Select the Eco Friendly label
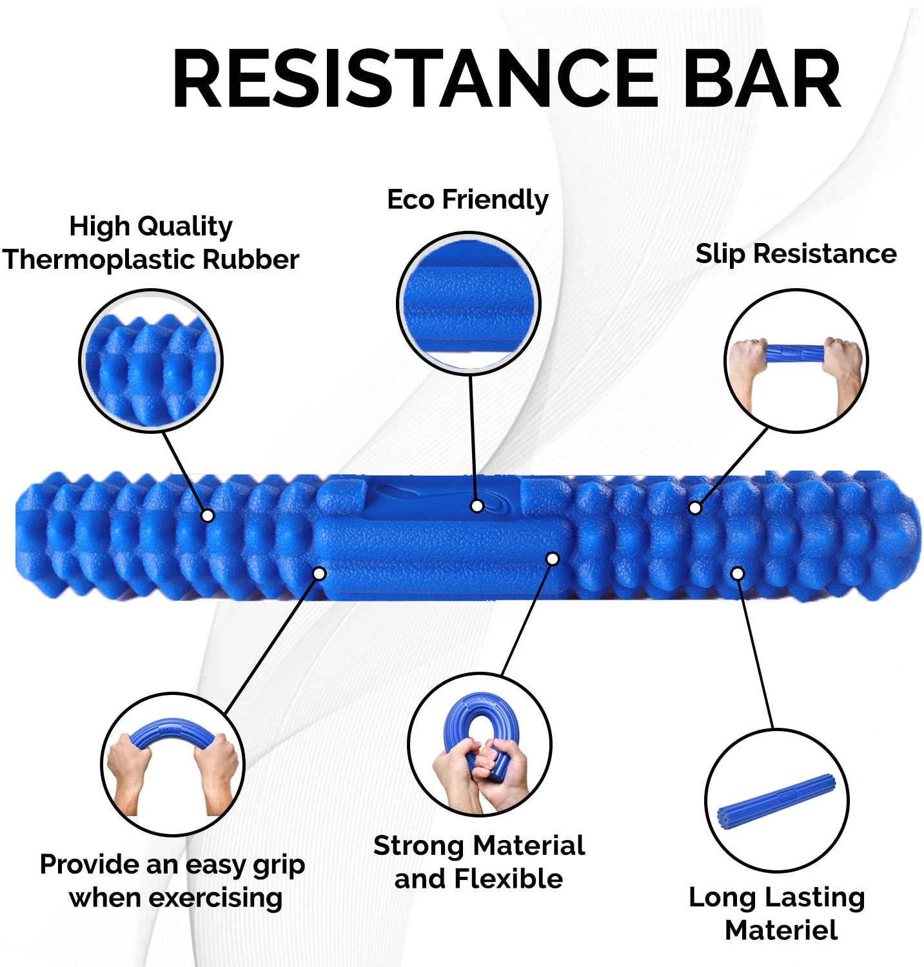[x=467, y=200]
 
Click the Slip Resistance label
[x=796, y=254]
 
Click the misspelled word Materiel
[x=781, y=930]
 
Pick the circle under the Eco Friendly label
[x=469, y=303]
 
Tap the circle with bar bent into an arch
[x=173, y=765]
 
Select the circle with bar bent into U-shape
[x=480, y=745]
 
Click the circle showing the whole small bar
[x=777, y=801]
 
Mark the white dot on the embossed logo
[x=477, y=506]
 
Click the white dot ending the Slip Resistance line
[x=695, y=508]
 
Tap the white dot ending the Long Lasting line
[x=738, y=574]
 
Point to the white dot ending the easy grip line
[x=320, y=574]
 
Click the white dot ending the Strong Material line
[x=553, y=559]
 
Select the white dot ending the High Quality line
[x=208, y=516]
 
